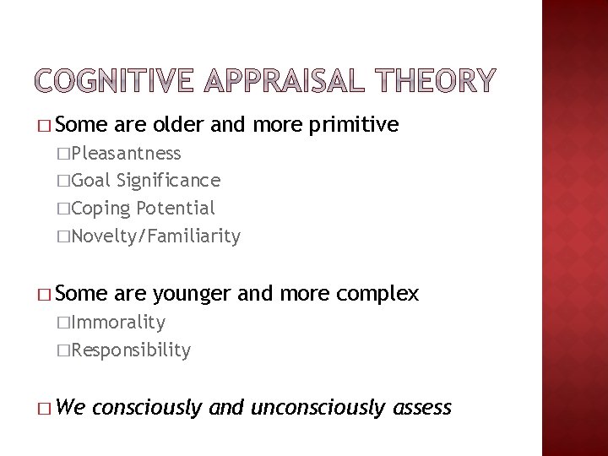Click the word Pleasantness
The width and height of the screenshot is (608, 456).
tap(126, 153)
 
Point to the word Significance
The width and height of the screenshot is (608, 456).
tap(170, 180)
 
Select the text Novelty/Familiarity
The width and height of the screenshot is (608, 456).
tap(156, 236)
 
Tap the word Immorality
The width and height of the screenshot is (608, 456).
tap(118, 322)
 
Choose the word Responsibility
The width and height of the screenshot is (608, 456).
tap(131, 350)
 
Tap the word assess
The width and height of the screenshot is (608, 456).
tap(423, 409)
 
